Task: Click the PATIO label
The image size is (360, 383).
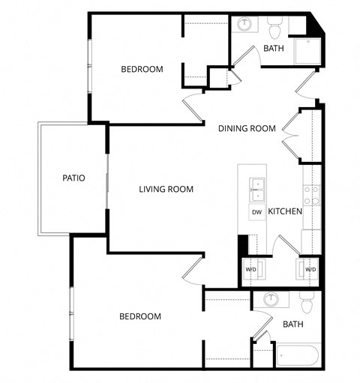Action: pos(73,178)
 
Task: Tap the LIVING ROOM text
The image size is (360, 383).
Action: pos(166,190)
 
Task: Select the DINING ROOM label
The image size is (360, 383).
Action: pos(247,129)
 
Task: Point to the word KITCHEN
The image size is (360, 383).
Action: pos(285,212)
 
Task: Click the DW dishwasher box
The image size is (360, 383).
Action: pos(256,212)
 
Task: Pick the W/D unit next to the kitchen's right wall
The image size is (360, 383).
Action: pos(310,269)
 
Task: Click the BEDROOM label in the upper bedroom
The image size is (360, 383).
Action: pos(142,70)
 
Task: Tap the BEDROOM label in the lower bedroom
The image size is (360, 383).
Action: pos(140,317)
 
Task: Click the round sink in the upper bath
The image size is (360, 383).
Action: pos(244,25)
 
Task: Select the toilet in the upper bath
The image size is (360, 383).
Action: pos(274,28)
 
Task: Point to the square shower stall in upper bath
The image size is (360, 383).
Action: pos(307,51)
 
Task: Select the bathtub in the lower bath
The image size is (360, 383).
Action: pos(298,354)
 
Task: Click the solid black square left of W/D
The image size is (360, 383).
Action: pos(242,246)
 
